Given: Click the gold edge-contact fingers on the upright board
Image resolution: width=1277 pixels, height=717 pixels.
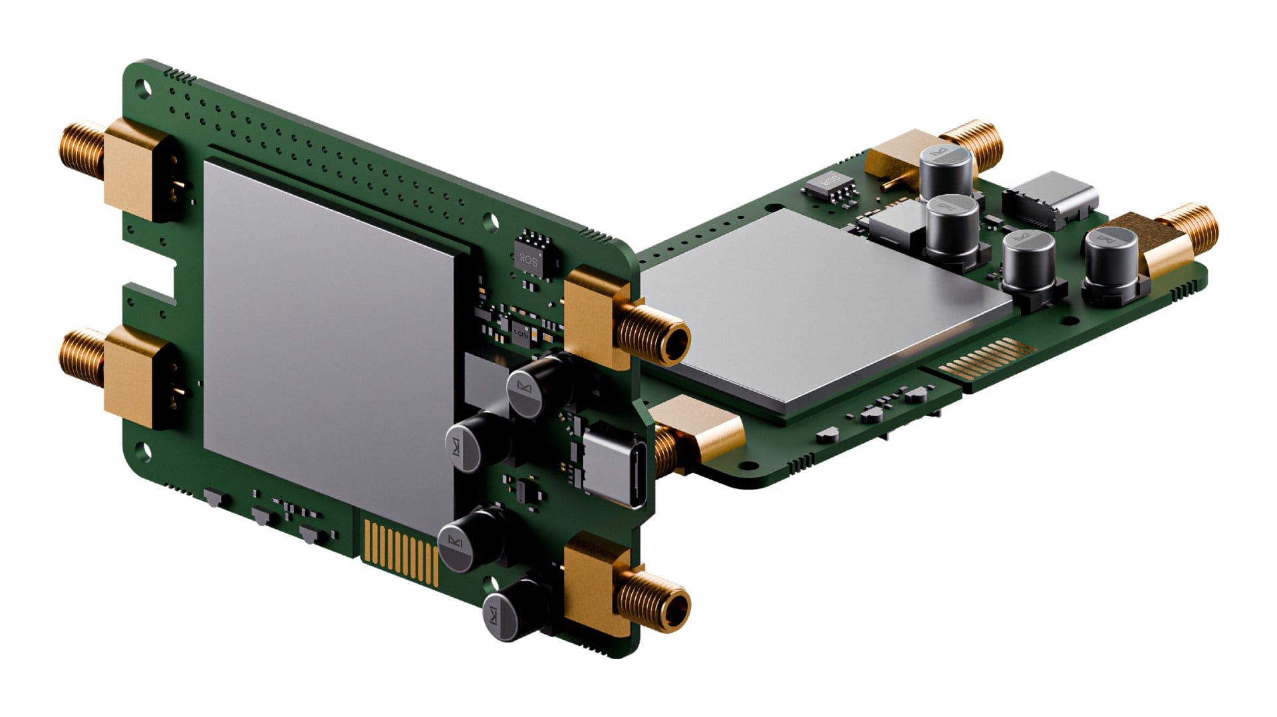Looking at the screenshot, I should point(399,549).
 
